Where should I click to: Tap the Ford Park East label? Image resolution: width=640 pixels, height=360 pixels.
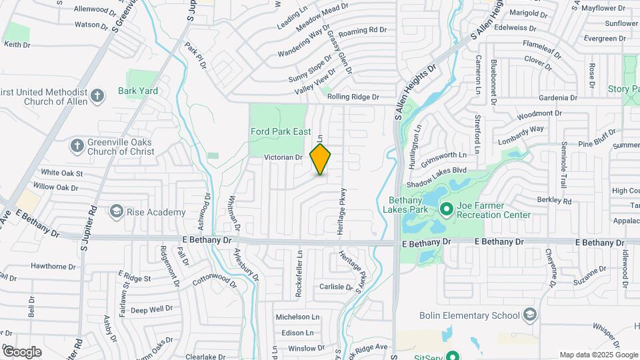280,131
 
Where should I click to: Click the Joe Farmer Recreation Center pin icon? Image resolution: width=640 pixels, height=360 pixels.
446,209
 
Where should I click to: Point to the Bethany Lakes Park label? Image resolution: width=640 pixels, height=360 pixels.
415,205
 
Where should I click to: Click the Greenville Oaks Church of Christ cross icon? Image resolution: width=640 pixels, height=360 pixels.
77,145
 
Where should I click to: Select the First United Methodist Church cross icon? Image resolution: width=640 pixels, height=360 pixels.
97,96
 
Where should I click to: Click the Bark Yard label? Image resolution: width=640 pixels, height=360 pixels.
138,91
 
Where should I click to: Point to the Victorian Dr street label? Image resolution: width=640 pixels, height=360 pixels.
283,157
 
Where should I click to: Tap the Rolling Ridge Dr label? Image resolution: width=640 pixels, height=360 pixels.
353,97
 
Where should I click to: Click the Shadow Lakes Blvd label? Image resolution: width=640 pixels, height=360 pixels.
437,171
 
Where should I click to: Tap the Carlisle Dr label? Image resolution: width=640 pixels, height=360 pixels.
335,287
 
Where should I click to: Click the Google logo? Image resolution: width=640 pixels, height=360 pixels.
22,351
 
